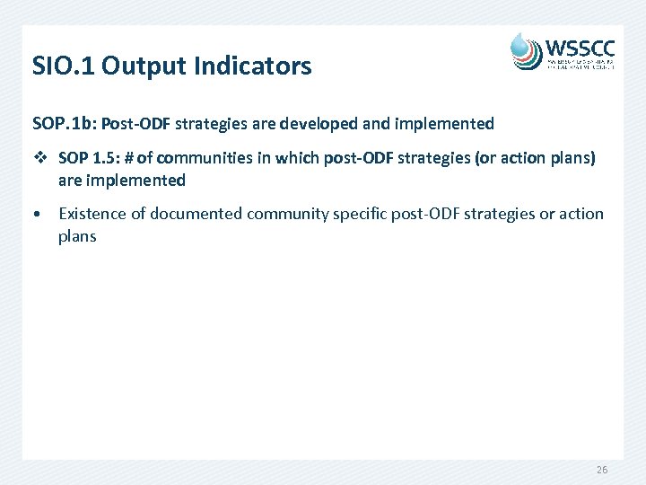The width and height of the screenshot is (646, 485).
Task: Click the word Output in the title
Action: point(139,66)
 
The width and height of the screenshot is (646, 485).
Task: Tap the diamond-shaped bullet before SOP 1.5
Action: point(38,158)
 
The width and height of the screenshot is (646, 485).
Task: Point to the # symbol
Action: point(131,158)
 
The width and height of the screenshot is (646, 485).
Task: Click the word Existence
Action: point(92,214)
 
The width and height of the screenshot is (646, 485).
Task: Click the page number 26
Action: point(602,471)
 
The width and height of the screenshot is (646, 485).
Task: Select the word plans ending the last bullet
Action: point(77,236)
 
